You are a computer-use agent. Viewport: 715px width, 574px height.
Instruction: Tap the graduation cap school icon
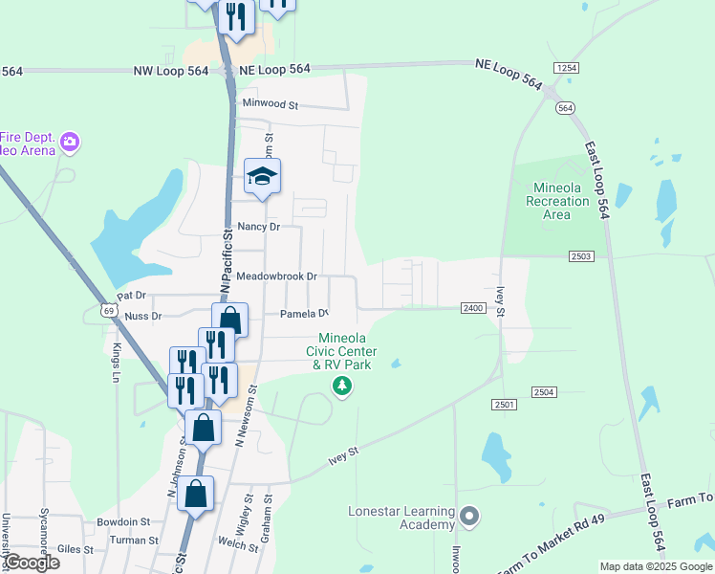point(262,176)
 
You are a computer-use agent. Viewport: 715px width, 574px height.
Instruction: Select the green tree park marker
point(341,386)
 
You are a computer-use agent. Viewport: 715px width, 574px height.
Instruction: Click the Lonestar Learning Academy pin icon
point(468,518)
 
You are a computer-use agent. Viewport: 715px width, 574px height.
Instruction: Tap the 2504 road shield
point(544,392)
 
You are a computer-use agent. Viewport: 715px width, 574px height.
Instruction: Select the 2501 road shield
point(506,406)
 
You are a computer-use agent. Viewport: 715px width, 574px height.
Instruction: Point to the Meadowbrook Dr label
point(276,276)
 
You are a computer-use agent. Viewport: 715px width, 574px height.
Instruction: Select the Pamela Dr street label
point(304,314)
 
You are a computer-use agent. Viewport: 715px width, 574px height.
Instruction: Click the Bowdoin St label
point(123,522)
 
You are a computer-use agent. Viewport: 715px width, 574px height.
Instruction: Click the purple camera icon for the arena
point(69,143)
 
